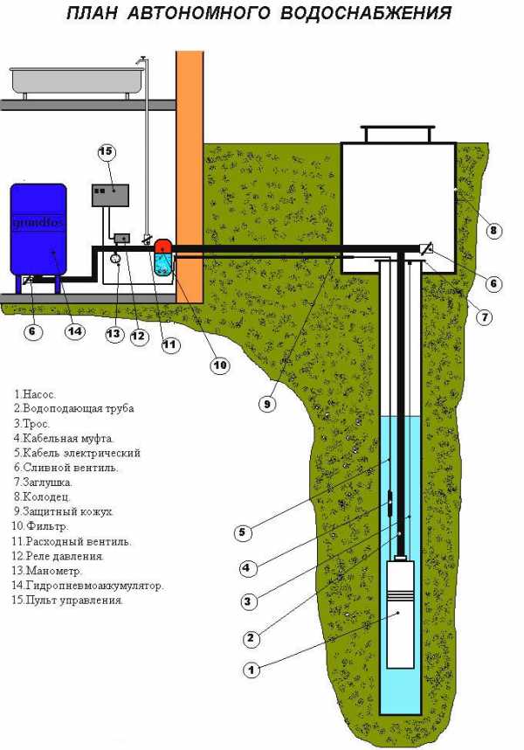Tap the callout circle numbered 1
(x=251, y=670)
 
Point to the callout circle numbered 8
(x=493, y=231)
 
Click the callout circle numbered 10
(x=218, y=365)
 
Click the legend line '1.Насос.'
(x=37, y=393)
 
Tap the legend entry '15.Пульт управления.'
(x=68, y=601)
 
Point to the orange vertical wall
(x=190, y=175)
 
